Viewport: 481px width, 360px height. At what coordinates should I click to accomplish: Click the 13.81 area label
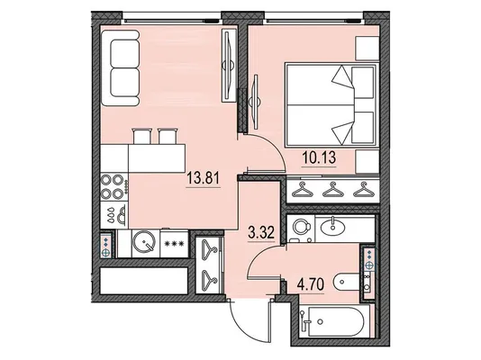pyautogui.click(x=204, y=178)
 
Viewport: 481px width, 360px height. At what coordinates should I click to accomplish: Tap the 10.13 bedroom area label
pyautogui.click(x=319, y=158)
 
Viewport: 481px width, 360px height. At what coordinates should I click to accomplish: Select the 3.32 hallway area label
pyautogui.click(x=260, y=233)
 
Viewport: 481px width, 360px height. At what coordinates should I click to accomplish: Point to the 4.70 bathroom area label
pyautogui.click(x=310, y=284)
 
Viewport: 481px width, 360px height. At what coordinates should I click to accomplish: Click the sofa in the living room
pyautogui.click(x=121, y=68)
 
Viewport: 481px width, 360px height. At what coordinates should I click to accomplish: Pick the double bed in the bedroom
pyautogui.click(x=331, y=104)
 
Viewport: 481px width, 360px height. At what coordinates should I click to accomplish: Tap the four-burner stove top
pyautogui.click(x=114, y=186)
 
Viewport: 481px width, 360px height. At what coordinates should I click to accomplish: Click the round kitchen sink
pyautogui.click(x=144, y=242)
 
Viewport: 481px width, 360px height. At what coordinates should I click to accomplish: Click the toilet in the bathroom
pyautogui.click(x=347, y=282)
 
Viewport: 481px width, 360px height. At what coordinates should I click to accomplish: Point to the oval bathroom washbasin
pyautogui.click(x=332, y=227)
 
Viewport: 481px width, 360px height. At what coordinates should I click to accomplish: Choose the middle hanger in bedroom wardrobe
pyautogui.click(x=333, y=190)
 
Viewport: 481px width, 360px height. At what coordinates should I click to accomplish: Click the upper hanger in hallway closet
pyautogui.click(x=210, y=248)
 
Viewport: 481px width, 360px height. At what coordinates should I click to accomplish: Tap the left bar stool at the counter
pyautogui.click(x=142, y=136)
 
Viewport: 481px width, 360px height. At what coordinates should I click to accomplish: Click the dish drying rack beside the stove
pyautogui.click(x=114, y=215)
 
